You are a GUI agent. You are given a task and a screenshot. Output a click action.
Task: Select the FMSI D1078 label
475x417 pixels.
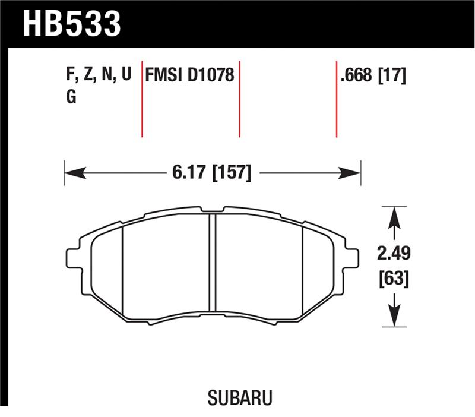[190, 75]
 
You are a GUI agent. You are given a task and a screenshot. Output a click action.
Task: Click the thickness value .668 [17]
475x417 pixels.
[373, 75]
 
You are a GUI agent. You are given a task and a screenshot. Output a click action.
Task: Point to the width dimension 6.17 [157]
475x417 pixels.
[211, 173]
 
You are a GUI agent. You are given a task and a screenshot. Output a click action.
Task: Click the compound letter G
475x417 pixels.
[71, 97]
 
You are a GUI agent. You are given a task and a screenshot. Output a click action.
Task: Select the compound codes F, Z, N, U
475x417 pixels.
[98, 75]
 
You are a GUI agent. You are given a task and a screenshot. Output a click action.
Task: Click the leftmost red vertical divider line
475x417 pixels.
[142, 98]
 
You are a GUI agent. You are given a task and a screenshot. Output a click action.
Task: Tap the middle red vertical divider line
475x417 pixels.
[239, 98]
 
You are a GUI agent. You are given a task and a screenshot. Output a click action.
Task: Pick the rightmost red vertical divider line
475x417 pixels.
[337, 98]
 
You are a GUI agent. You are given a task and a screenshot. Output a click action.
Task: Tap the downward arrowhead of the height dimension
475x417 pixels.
[391, 318]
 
